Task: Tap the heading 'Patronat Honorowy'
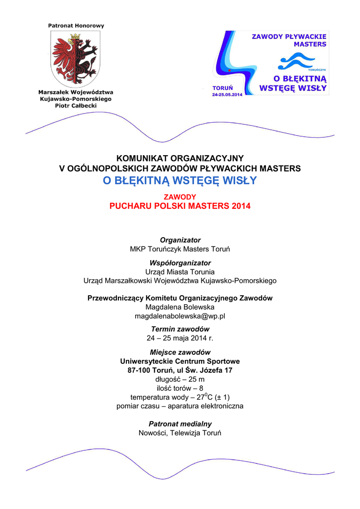click(x=76, y=25)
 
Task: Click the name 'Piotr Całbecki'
click(x=76, y=106)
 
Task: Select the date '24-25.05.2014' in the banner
click(x=227, y=94)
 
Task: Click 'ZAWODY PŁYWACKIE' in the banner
click(x=289, y=36)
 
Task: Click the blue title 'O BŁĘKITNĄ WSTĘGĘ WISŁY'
click(x=180, y=180)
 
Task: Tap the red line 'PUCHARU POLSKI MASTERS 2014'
click(x=180, y=206)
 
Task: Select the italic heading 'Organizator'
click(x=180, y=240)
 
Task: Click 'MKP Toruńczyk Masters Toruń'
click(x=180, y=249)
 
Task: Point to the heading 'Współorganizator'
click(x=180, y=263)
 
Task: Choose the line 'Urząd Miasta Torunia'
click(x=180, y=272)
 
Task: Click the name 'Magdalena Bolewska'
click(x=180, y=307)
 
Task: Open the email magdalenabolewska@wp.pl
click(x=180, y=316)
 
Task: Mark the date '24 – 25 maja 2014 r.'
click(x=180, y=338)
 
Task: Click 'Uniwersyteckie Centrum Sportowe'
click(x=180, y=361)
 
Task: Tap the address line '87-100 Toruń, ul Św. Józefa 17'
click(x=180, y=370)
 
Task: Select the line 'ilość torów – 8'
click(x=180, y=388)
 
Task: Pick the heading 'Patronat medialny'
click(x=180, y=424)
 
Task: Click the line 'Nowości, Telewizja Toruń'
click(x=180, y=433)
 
